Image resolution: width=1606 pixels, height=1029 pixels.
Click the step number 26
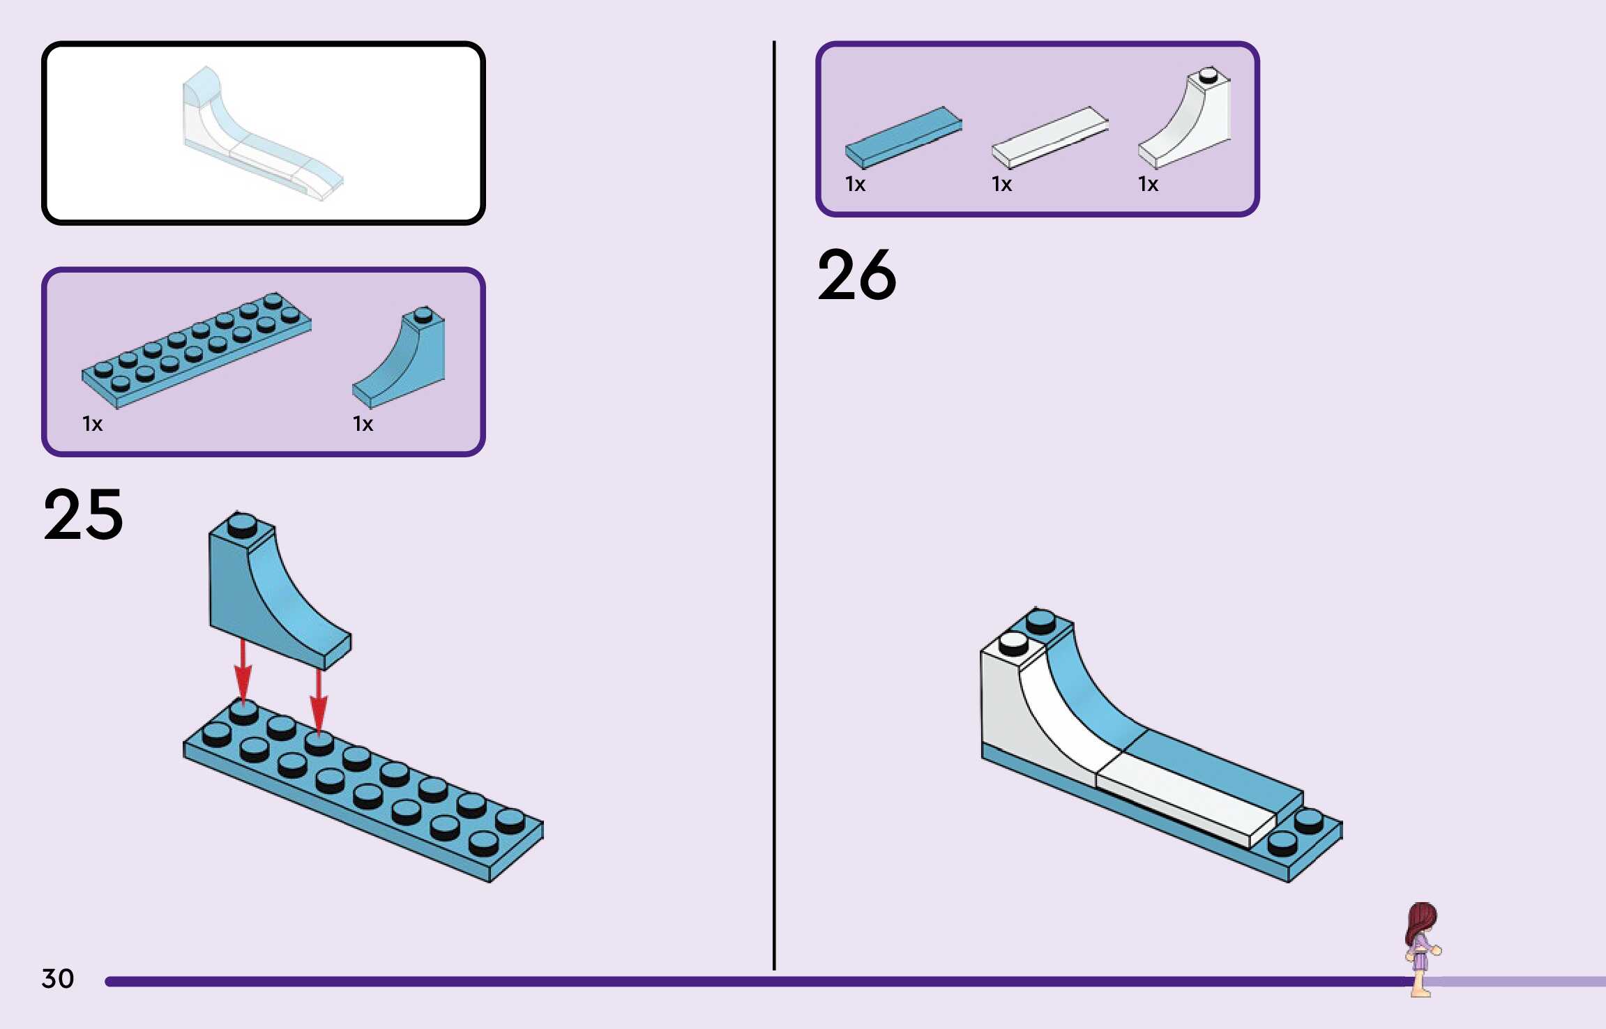coord(856,275)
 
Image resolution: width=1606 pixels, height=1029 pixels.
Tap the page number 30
coord(57,979)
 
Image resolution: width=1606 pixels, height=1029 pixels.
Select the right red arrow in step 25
coord(319,701)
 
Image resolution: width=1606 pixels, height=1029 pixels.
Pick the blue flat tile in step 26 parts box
coord(903,137)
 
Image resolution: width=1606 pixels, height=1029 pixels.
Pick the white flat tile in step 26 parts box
coord(1050,137)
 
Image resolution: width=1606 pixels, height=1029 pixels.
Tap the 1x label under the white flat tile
coord(1001,185)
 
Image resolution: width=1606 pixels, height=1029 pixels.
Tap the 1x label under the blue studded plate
coord(92,424)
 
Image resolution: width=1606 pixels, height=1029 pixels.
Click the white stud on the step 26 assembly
coord(1013,643)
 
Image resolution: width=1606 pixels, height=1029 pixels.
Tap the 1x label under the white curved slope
coord(1148,185)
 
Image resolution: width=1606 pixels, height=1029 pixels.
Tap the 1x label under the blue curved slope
coord(363,424)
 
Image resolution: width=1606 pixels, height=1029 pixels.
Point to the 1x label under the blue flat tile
coord(855,185)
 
